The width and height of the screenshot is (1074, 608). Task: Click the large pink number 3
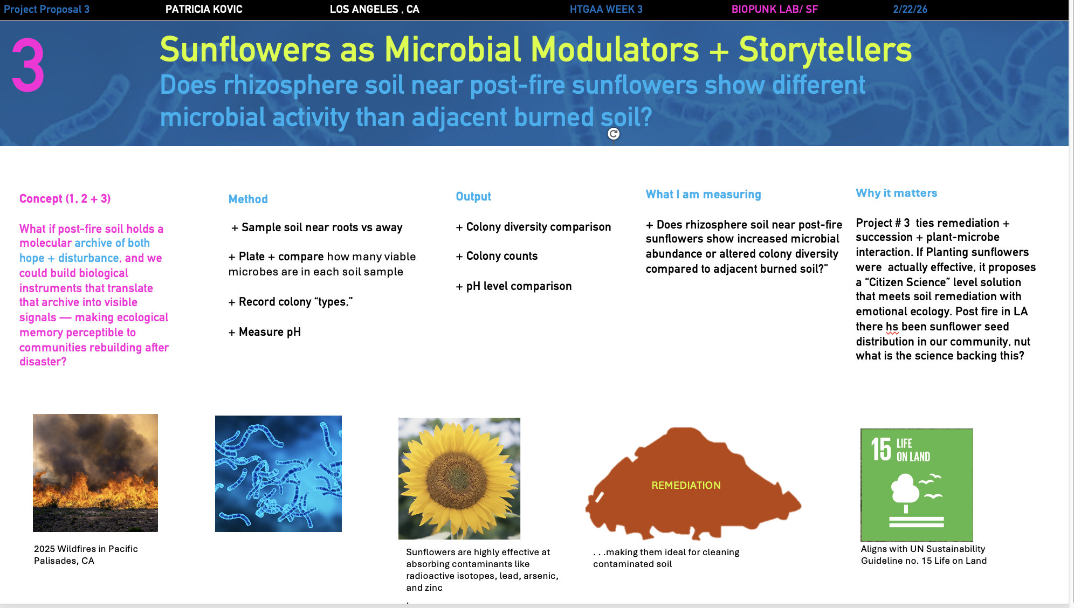coord(28,65)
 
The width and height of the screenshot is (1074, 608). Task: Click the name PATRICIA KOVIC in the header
coord(204,9)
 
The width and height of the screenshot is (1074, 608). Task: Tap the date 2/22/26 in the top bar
coord(910,9)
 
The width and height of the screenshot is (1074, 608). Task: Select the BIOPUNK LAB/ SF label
coord(775,9)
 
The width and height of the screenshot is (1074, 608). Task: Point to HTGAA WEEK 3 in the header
coord(606,9)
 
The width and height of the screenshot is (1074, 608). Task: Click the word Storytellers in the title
coord(825,50)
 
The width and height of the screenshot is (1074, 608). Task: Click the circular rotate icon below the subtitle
coord(614,134)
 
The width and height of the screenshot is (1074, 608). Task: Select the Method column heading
coord(248,199)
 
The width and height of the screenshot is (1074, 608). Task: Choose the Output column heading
coord(473,196)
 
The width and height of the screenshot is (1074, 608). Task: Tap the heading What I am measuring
coord(704,195)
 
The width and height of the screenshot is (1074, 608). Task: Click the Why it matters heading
coord(897,193)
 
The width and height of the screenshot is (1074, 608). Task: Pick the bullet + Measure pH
coord(265,332)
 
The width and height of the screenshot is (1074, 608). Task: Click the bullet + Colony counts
coord(497,256)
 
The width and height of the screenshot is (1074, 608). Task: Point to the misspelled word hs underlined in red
coord(892,327)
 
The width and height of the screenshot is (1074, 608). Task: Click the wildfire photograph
coord(95,473)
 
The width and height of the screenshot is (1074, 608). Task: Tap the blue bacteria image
coord(278,474)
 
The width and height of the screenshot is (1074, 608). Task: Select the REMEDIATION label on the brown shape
coord(686,485)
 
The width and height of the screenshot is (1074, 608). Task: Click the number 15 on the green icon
coord(881,449)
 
